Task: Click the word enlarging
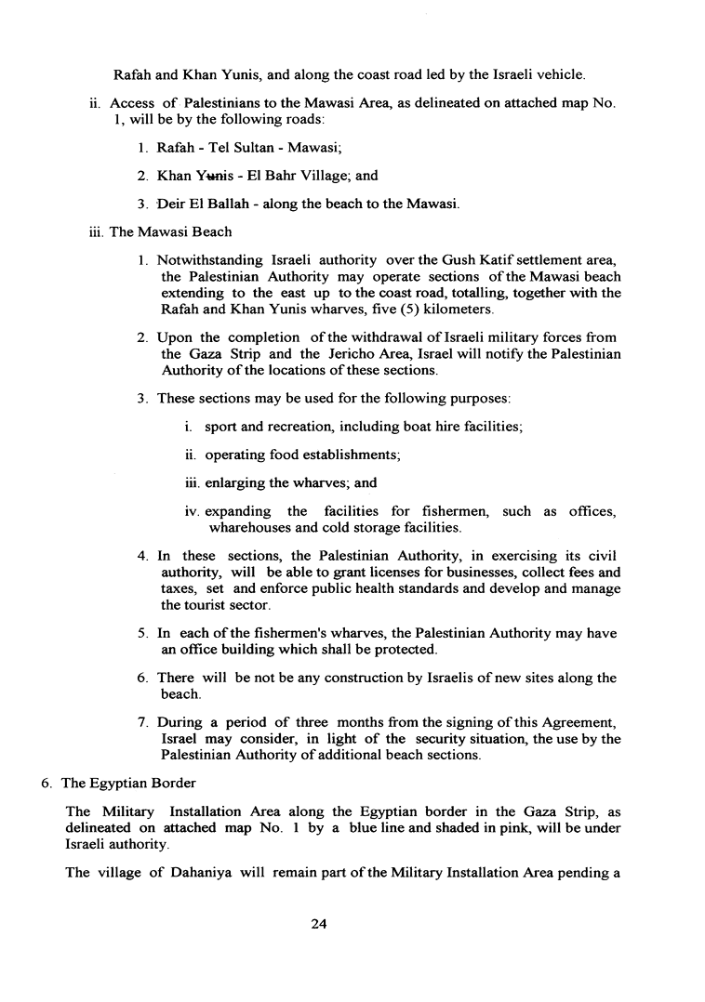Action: [236, 483]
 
